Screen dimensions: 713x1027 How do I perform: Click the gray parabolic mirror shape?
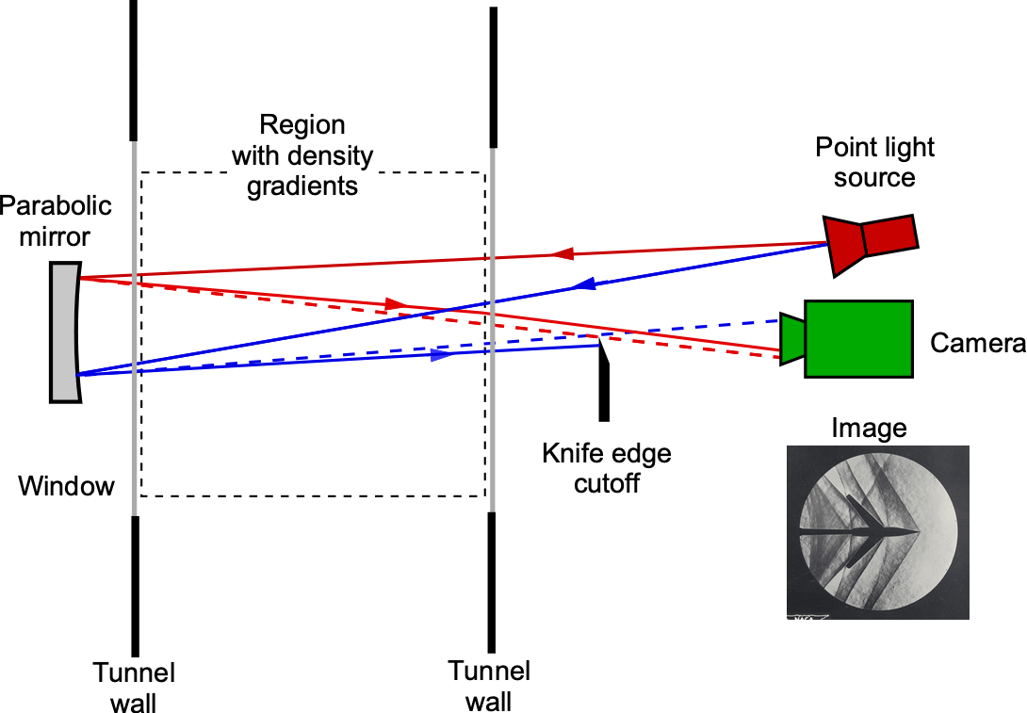pyautogui.click(x=64, y=332)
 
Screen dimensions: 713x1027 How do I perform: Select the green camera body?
pyautogui.click(x=857, y=338)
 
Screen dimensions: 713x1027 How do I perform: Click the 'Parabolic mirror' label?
pyautogui.click(x=57, y=220)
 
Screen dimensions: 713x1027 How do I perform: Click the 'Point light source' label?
pyautogui.click(x=875, y=162)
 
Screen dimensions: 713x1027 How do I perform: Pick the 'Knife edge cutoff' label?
pyautogui.click(x=607, y=468)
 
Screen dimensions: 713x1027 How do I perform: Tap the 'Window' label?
pyautogui.click(x=67, y=486)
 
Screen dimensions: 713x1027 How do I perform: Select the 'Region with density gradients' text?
pyautogui.click(x=302, y=155)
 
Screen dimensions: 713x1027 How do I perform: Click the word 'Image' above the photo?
pyautogui.click(x=869, y=429)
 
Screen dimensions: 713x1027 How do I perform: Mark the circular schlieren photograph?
pyautogui.click(x=877, y=531)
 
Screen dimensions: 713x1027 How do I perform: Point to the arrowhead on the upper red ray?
pyautogui.click(x=562, y=253)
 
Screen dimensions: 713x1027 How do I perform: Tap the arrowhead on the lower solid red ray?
pyautogui.click(x=397, y=304)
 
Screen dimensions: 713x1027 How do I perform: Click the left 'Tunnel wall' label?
pyautogui.click(x=134, y=687)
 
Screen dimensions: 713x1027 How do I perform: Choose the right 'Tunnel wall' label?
pyautogui.click(x=489, y=686)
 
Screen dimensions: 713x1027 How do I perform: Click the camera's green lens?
pyautogui.click(x=791, y=338)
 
